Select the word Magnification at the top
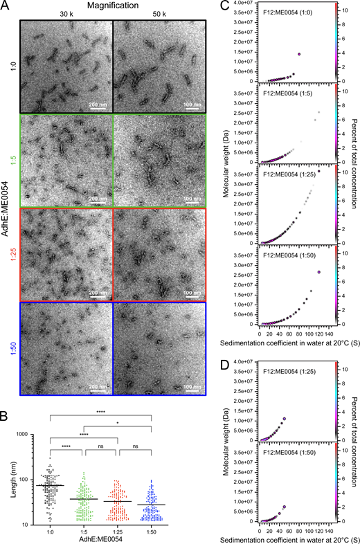(x=114, y=5)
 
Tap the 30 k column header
(x=66, y=15)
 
